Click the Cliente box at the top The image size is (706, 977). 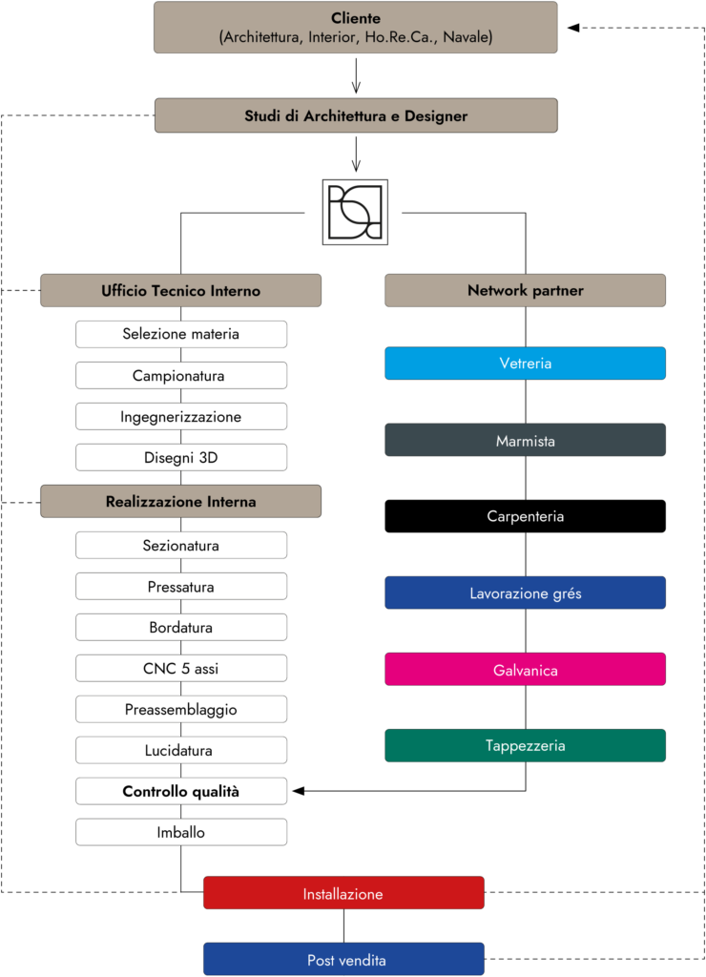click(x=356, y=28)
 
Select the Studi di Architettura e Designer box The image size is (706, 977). click(x=356, y=115)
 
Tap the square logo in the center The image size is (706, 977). click(x=355, y=213)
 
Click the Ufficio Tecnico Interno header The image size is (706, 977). click(x=180, y=290)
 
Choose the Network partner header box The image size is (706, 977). click(x=526, y=290)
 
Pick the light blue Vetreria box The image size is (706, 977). click(x=526, y=364)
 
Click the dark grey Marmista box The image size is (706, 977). click(x=526, y=440)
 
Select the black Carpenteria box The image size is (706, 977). click(x=526, y=516)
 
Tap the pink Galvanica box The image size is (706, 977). click(x=526, y=669)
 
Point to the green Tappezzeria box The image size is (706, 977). click(x=526, y=745)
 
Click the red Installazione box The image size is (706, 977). click(x=343, y=893)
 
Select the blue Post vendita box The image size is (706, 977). click(x=343, y=959)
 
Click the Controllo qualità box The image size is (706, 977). click(x=181, y=791)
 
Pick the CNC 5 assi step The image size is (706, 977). click(x=181, y=668)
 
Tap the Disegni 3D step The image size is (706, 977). click(x=181, y=457)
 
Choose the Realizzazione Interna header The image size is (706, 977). click(x=180, y=501)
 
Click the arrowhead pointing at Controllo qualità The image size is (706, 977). click(x=299, y=791)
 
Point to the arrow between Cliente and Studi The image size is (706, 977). click(x=356, y=76)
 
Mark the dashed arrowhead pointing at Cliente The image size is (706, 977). click(x=573, y=28)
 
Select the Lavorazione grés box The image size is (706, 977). click(x=526, y=592)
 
